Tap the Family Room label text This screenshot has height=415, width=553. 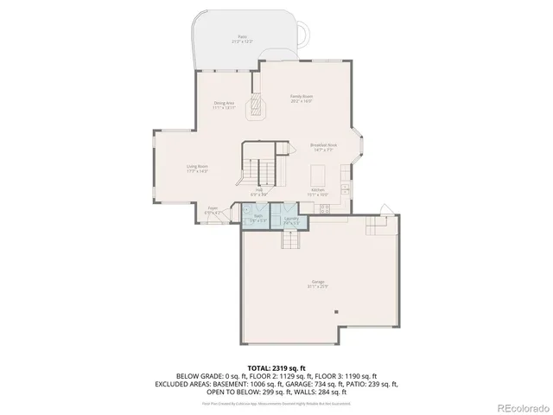pos(300,99)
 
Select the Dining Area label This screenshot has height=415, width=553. pos(225,105)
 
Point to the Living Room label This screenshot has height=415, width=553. pos(197,168)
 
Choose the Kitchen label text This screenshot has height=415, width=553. pos(317,191)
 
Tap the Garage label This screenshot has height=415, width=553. pos(307,284)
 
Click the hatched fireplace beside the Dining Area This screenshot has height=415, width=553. pos(256,107)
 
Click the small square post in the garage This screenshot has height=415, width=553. pos(339,311)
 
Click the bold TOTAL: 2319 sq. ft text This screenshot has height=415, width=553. pos(276,367)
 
